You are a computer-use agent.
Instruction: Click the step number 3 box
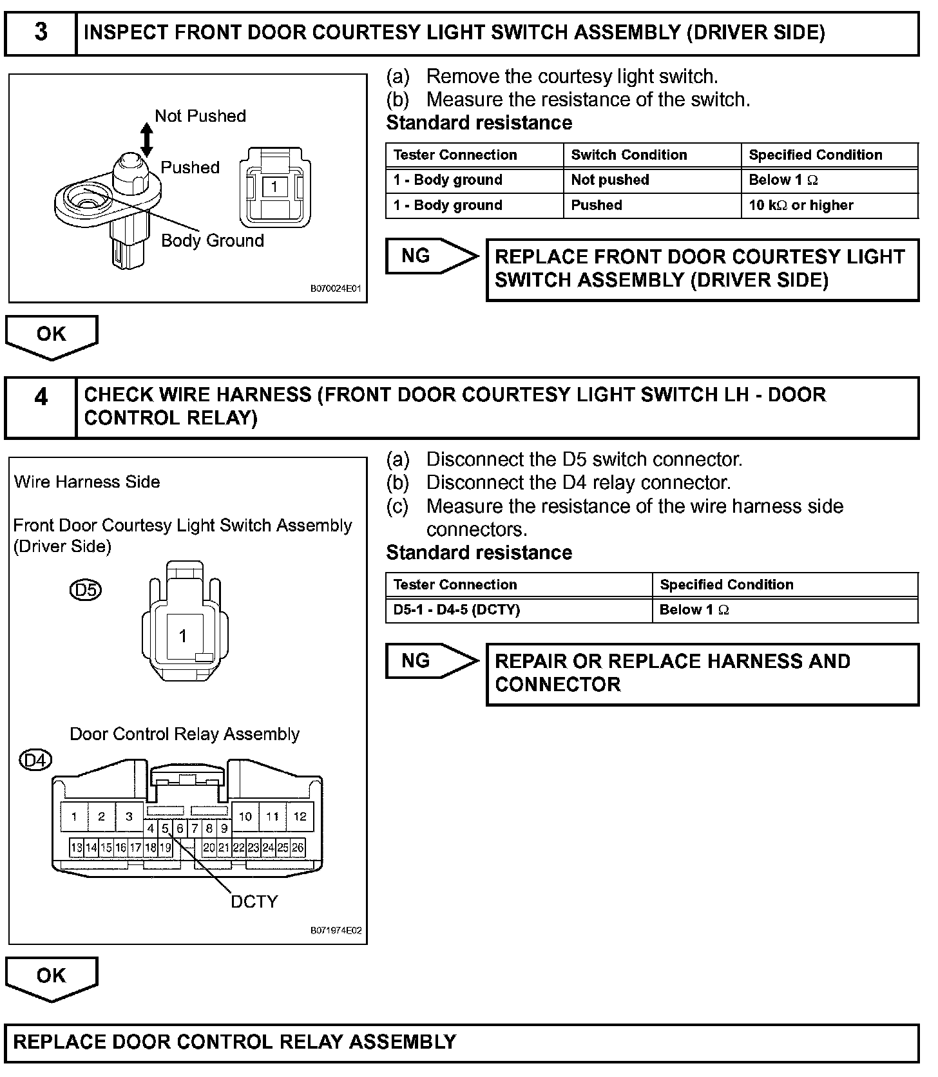point(41,32)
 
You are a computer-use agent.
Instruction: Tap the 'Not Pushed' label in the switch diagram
point(200,116)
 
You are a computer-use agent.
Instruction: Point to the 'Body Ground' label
point(213,240)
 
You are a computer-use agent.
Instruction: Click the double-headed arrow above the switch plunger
point(147,140)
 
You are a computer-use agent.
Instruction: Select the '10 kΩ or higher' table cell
point(801,205)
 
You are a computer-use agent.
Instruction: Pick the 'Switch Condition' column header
point(629,155)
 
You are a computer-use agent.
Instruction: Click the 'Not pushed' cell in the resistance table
point(610,180)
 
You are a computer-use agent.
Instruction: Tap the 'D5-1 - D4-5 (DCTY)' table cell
point(457,609)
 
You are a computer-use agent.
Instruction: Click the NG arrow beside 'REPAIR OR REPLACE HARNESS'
point(432,661)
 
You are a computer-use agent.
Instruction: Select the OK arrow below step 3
point(52,336)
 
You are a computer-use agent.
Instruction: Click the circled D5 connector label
point(86,590)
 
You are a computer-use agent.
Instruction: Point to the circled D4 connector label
point(35,761)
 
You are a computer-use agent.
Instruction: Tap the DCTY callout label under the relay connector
point(254,902)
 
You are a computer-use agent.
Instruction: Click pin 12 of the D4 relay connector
point(300,817)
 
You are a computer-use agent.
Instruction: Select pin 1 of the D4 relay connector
point(74,817)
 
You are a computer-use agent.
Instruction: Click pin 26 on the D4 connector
point(298,848)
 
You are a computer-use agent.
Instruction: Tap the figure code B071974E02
point(336,930)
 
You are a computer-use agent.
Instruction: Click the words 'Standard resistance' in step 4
point(479,553)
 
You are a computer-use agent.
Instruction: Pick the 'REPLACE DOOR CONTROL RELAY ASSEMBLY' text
point(235,1042)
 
